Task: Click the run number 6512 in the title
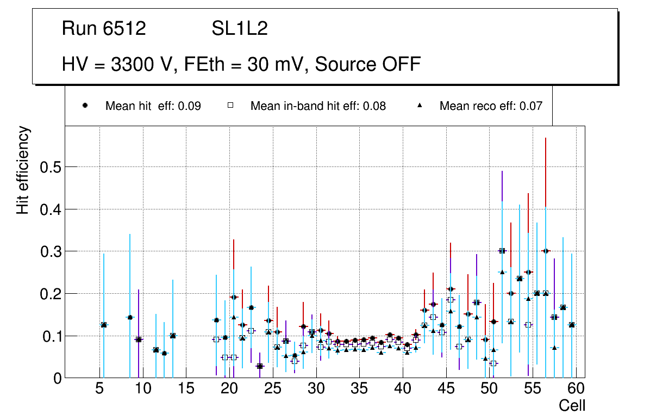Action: (x=124, y=29)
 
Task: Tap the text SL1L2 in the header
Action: (x=240, y=29)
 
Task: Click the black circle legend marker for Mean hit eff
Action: (x=85, y=106)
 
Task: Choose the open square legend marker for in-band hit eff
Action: (x=230, y=106)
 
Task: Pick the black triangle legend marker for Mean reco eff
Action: (x=420, y=106)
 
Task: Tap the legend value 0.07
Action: (x=532, y=106)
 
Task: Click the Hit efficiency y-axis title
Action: (x=23, y=170)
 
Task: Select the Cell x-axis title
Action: (x=572, y=405)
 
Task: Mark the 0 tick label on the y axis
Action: (x=56, y=378)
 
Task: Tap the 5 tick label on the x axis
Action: (x=99, y=390)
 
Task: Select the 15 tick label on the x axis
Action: (x=186, y=390)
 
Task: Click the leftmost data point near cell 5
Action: (x=104, y=325)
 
